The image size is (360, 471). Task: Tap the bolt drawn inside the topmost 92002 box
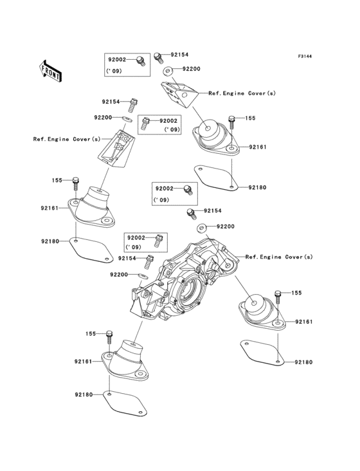[139, 60]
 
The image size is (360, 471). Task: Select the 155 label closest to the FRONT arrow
[57, 181]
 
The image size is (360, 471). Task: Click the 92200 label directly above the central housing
[225, 226]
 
